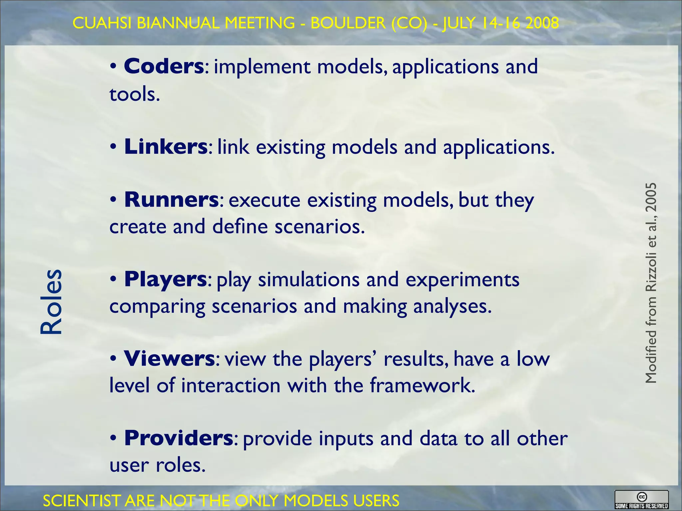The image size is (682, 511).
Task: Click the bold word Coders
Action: [164, 66]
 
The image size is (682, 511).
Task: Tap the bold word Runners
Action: [171, 200]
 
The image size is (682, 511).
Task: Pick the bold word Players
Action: [166, 279]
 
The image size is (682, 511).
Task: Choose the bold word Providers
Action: [178, 438]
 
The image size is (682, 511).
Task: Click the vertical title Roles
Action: [51, 301]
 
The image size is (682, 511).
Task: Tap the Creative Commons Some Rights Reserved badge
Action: [641, 500]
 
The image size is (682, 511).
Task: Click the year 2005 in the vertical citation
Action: [651, 198]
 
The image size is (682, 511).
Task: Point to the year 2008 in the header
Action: [542, 23]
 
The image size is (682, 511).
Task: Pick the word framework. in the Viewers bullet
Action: [422, 386]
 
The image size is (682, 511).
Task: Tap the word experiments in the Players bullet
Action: [462, 279]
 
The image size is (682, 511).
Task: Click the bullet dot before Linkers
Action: [113, 147]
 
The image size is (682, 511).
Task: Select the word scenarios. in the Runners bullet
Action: [319, 227]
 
